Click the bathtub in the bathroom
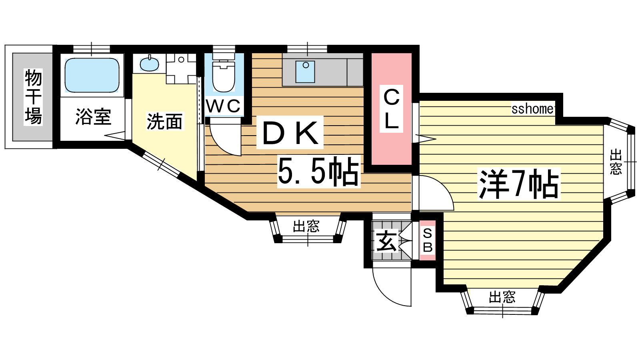pyautogui.click(x=92, y=76)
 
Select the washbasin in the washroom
pyautogui.click(x=149, y=64)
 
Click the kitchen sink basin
pyautogui.click(x=305, y=72)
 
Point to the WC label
pyautogui.click(x=224, y=106)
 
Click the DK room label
pyautogui.click(x=290, y=132)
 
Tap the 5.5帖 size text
pyautogui.click(x=318, y=172)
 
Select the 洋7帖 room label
pyautogui.click(x=518, y=184)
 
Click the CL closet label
pyautogui.click(x=391, y=108)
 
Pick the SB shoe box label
pyautogui.click(x=428, y=240)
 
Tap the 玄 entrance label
pyautogui.click(x=386, y=241)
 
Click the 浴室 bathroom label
pyautogui.click(x=93, y=116)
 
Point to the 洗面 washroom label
pyautogui.click(x=164, y=121)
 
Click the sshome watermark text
pyautogui.click(x=532, y=109)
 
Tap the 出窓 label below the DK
pyautogui.click(x=306, y=226)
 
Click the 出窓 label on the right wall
pyautogui.click(x=616, y=162)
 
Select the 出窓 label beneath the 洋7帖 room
pyautogui.click(x=502, y=297)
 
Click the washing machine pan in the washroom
pyautogui.click(x=181, y=68)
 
